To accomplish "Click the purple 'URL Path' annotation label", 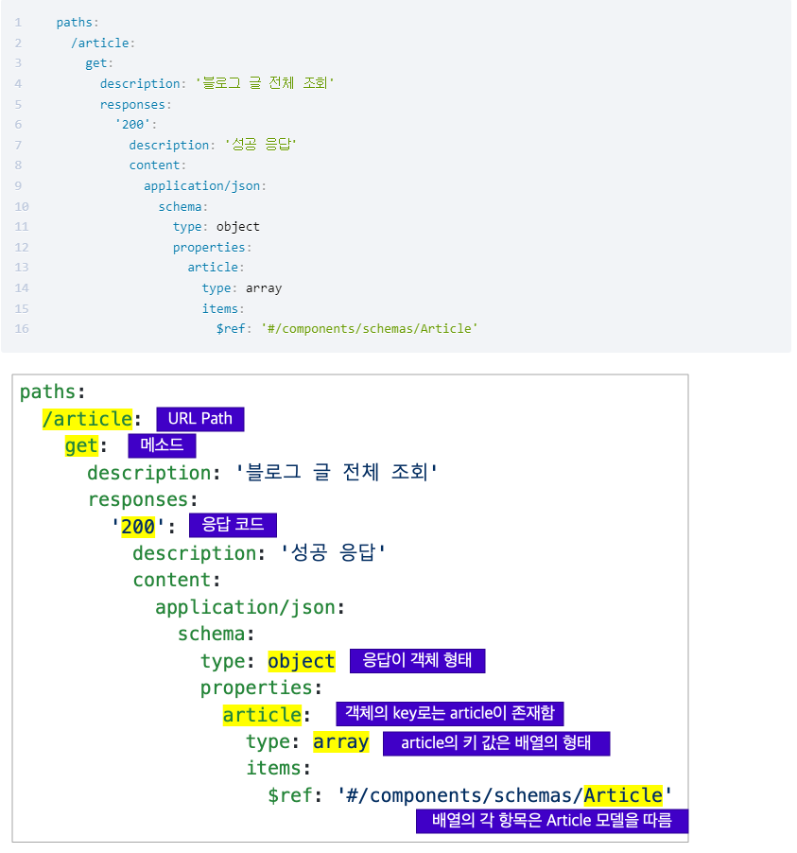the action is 200,419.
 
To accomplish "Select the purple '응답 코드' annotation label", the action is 234,526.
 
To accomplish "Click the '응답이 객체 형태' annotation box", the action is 417,660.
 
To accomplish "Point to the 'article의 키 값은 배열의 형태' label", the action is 496,742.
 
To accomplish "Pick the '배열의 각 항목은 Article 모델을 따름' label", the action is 551,820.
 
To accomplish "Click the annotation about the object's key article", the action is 450,713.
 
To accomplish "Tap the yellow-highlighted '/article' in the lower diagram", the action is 87,419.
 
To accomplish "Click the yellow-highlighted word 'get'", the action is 81,446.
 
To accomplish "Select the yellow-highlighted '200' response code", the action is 138,527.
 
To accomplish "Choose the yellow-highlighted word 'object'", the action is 302,661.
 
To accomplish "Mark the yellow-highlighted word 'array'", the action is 340,741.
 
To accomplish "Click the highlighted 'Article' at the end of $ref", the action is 623,794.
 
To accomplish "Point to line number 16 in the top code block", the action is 21,328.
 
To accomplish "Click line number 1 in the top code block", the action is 18,22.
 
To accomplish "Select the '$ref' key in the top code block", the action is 232,328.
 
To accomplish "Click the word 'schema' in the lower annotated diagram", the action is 212,634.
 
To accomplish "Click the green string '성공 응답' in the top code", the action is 261,145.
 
